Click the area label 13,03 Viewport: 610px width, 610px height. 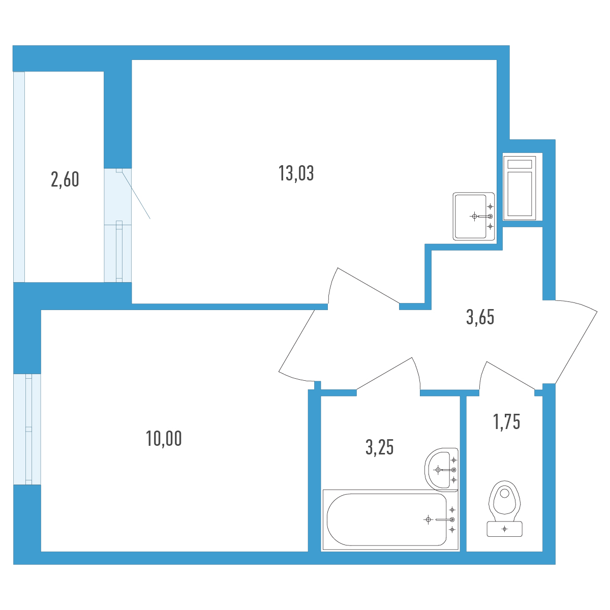[x=296, y=173]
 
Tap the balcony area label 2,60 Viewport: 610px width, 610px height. [x=65, y=179]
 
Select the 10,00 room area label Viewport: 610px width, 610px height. [x=164, y=438]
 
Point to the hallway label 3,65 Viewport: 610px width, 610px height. [x=480, y=317]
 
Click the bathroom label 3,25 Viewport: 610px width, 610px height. [x=379, y=447]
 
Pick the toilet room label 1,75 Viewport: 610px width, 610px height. [x=506, y=421]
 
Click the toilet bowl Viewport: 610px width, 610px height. [x=505, y=501]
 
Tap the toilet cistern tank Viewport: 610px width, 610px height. [x=505, y=529]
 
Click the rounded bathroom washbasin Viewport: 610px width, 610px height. [x=441, y=470]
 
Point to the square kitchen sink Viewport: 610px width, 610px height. [x=474, y=216]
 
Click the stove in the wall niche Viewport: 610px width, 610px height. [x=520, y=188]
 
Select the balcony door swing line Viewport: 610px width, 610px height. [x=136, y=194]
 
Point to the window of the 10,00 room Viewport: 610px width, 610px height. [x=27, y=429]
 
